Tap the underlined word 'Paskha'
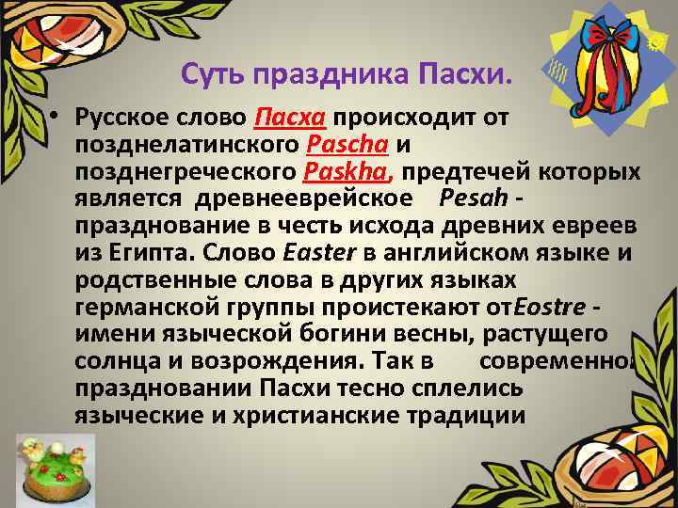point(347,173)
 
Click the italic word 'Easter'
point(317,253)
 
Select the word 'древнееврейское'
point(305,199)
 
